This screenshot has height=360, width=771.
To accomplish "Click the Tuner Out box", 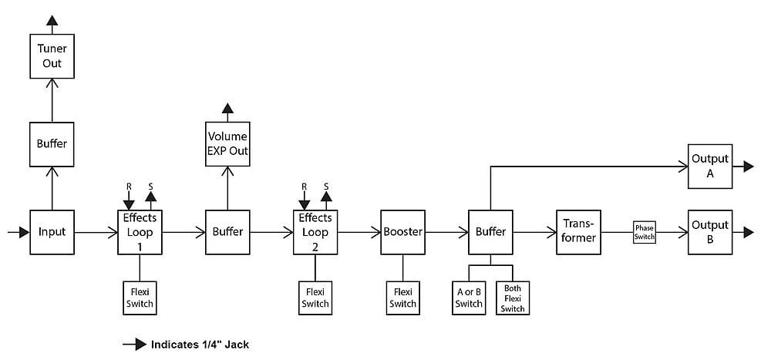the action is pyautogui.click(x=52, y=56).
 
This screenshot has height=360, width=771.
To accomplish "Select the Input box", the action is pyautogui.click(x=52, y=232).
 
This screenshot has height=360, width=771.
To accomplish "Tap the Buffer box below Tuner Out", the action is pyautogui.click(x=52, y=144).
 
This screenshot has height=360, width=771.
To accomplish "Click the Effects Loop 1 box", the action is pyautogui.click(x=140, y=232).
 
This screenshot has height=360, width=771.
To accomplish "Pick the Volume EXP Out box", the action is pyautogui.click(x=227, y=144).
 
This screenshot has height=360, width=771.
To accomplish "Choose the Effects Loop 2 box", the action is pyautogui.click(x=315, y=232).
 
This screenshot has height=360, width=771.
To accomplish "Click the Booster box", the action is pyautogui.click(x=402, y=232).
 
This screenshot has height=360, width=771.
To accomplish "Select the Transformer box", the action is pyautogui.click(x=579, y=232).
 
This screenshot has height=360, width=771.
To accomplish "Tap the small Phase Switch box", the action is pyautogui.click(x=644, y=232).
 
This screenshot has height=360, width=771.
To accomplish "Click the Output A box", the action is pyautogui.click(x=710, y=167).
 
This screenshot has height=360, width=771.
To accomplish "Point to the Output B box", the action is pyautogui.click(x=710, y=232).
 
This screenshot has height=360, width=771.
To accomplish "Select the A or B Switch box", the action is pyautogui.click(x=469, y=298).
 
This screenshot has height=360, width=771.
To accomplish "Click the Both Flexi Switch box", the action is pyautogui.click(x=513, y=298).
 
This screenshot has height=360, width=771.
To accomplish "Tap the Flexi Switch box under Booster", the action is pyautogui.click(x=402, y=298).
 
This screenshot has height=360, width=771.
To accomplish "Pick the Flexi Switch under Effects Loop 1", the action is pyautogui.click(x=140, y=298).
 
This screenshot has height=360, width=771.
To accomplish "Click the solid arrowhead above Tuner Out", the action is pyautogui.click(x=52, y=20).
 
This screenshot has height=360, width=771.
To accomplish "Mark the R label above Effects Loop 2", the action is pyautogui.click(x=304, y=187).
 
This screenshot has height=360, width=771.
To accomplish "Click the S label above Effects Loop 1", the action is pyautogui.click(x=151, y=187).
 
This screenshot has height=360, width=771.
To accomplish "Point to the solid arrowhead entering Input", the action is pyautogui.click(x=24, y=232).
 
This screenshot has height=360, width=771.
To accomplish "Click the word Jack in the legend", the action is pyautogui.click(x=237, y=345).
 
